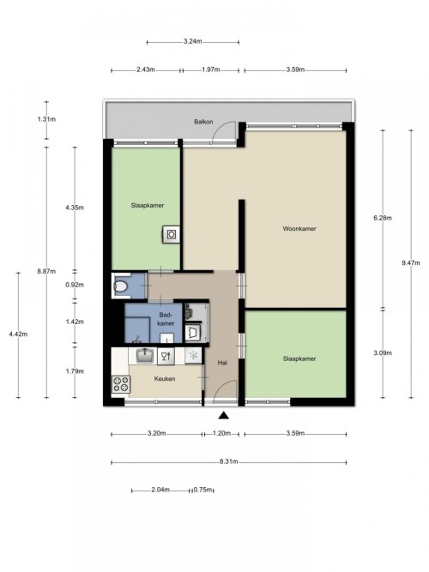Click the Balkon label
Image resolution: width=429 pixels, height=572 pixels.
203,122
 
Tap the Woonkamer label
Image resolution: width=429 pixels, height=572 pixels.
299,229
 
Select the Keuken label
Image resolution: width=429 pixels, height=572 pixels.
164,379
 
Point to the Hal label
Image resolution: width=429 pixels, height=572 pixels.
222,363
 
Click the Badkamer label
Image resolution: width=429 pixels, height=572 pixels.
166,319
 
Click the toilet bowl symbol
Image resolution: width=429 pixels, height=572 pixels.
120,286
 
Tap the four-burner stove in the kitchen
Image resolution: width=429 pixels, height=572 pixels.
121,384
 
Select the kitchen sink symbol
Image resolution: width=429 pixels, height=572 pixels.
146,356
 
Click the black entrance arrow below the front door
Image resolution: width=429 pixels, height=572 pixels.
224,415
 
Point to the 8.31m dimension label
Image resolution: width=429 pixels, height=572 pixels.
228,461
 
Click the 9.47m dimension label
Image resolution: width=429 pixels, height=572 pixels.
411,262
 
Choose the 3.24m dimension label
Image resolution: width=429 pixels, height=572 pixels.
192,41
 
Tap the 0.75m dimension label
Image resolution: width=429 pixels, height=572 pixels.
202,490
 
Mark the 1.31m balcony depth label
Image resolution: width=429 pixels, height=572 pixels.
46,119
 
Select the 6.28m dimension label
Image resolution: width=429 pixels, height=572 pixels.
383,218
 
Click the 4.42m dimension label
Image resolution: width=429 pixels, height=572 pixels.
18,334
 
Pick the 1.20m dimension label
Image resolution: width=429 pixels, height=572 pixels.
221,433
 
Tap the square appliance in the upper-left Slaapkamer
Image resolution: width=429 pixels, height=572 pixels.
172,235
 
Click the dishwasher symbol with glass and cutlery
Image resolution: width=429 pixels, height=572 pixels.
166,356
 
